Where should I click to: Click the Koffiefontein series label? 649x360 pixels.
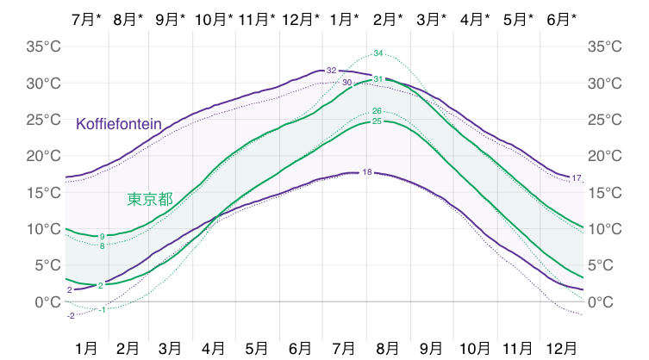(119, 124)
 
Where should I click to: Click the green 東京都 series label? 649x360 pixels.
(150, 199)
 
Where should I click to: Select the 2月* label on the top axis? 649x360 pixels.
(390, 18)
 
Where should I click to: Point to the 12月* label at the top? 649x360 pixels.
(302, 18)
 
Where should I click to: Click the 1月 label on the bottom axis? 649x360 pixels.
(85, 348)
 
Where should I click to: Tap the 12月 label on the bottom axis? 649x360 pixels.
(562, 348)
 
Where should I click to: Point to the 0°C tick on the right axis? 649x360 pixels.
(602, 302)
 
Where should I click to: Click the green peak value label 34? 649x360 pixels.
(378, 53)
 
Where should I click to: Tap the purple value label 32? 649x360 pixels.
(331, 70)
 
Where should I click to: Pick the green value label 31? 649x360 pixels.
(378, 79)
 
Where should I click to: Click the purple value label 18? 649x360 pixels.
(367, 172)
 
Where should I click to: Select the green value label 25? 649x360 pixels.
(377, 121)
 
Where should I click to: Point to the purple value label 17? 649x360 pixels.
(577, 178)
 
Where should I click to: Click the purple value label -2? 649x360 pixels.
(71, 316)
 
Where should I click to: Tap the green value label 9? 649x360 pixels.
(102, 236)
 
